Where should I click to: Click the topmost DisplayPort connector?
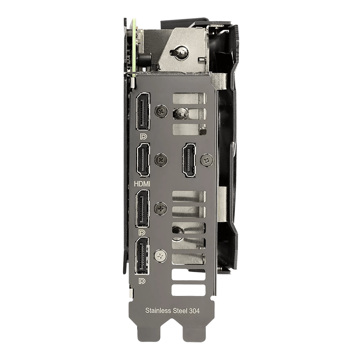click(143, 112)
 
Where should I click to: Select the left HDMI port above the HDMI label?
click(143, 160)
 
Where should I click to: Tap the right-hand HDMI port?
click(189, 160)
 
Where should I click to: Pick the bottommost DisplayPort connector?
click(142, 256)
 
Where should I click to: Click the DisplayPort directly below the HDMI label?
click(142, 209)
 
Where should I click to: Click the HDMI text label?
click(142, 184)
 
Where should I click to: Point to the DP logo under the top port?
click(143, 137)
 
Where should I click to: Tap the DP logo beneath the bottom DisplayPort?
click(142, 281)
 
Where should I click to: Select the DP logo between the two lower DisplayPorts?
click(142, 233)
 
